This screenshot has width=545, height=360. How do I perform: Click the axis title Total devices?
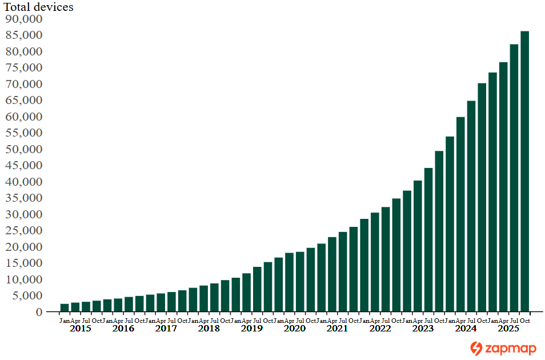[39, 7]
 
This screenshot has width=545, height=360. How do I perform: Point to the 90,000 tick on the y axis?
[24, 19]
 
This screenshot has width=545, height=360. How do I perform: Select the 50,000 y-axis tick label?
[24, 149]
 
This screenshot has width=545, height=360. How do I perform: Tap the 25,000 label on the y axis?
[24, 230]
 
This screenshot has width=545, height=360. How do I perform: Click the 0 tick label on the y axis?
[39, 312]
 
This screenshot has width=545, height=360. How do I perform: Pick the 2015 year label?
[81, 329]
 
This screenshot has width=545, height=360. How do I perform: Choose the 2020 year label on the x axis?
[295, 329]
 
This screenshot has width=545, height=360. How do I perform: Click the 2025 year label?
[508, 329]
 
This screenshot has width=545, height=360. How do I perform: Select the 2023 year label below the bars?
[423, 329]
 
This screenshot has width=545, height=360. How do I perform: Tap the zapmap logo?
[503, 348]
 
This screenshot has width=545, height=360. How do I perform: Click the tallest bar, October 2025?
[524, 171]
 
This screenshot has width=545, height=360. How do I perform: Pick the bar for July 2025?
[514, 178]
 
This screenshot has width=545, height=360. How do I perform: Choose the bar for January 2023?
[407, 251]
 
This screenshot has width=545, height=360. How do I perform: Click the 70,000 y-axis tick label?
[24, 84]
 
